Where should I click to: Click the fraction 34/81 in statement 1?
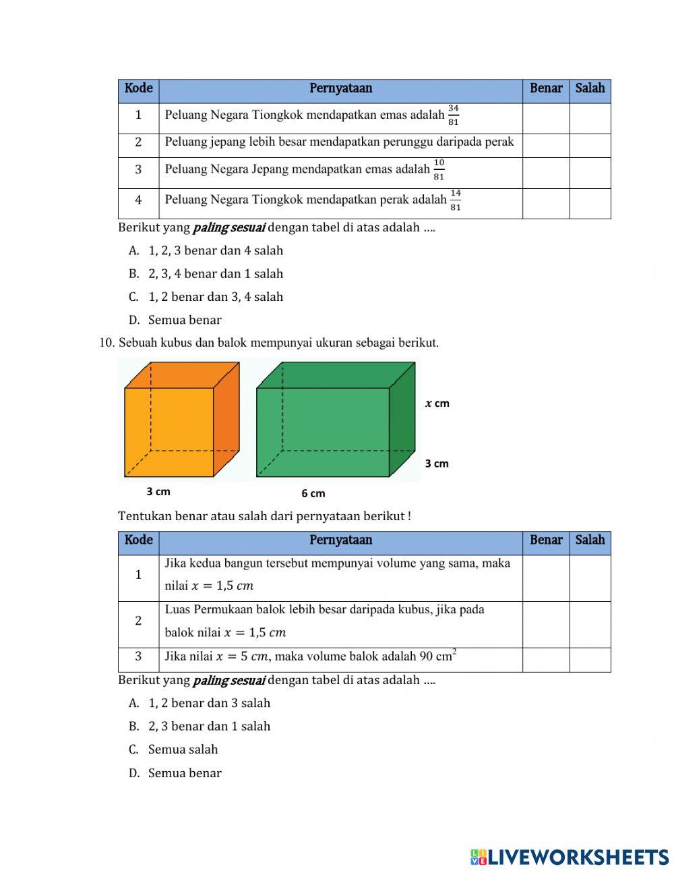(x=453, y=115)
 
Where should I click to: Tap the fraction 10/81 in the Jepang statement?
(x=439, y=170)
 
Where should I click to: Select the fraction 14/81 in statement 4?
(x=456, y=200)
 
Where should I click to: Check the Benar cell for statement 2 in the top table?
(x=546, y=145)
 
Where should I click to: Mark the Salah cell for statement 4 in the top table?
(x=590, y=203)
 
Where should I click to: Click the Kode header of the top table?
(x=138, y=88)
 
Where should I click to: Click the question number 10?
(x=106, y=343)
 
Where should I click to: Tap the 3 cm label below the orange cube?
(x=158, y=492)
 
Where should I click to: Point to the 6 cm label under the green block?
(x=313, y=493)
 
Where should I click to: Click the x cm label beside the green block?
(x=437, y=403)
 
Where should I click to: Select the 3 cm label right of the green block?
(x=437, y=463)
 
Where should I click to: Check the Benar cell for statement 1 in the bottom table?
(x=546, y=578)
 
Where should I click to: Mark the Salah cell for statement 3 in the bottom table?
(x=590, y=660)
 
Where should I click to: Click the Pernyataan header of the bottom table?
(x=340, y=540)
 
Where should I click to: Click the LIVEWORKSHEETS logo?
(x=570, y=857)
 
